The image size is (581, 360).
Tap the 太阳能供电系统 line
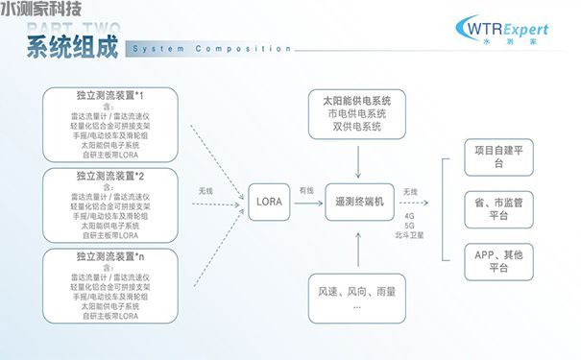(357, 101)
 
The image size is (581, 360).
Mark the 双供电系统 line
(357, 127)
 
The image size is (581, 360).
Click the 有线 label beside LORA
(306, 190)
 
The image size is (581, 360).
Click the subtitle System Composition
(211, 48)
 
